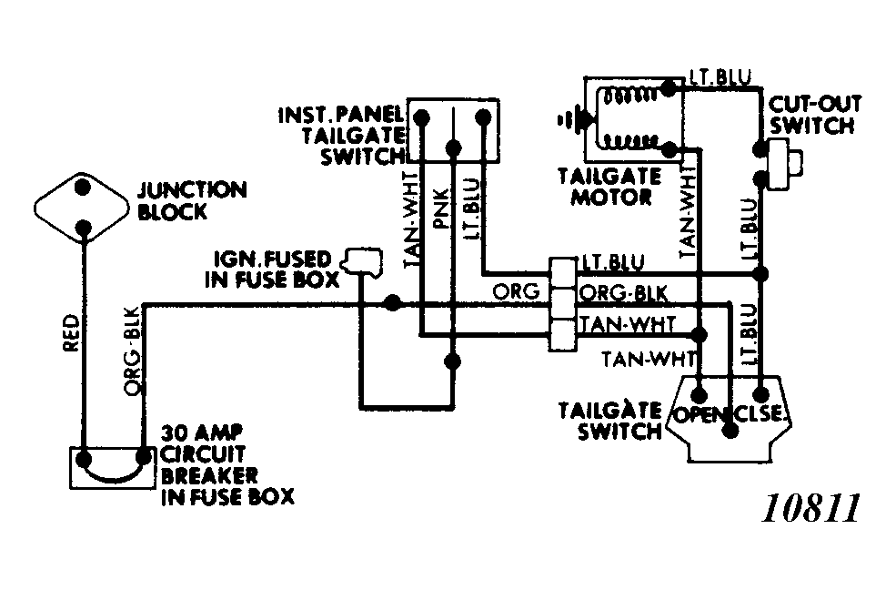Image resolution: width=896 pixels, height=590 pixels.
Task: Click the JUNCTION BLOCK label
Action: pos(192,200)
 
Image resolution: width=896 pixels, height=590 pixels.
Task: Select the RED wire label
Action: pos(71,332)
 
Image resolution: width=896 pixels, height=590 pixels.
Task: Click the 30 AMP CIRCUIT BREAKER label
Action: pos(227,464)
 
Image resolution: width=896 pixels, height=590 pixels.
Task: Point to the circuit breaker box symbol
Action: pos(112,468)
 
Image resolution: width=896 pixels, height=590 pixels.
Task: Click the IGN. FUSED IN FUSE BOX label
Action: pos(272,269)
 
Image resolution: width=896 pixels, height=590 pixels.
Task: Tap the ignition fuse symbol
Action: pos(362,262)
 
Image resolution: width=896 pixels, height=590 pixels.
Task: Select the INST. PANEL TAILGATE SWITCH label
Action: pos(342,136)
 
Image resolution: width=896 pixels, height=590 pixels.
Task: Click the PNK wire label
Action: pos(442,209)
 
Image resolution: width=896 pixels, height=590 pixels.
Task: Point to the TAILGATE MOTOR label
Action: pos(610,187)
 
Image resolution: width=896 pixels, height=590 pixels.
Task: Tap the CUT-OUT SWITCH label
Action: pos(813,115)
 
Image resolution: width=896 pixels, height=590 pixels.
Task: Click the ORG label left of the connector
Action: pos(516,291)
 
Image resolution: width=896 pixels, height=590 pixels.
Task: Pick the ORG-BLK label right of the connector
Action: pos(623,293)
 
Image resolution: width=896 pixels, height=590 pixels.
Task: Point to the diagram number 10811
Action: pos(811,508)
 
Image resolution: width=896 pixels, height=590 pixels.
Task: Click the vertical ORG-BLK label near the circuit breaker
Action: pos(132,351)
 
